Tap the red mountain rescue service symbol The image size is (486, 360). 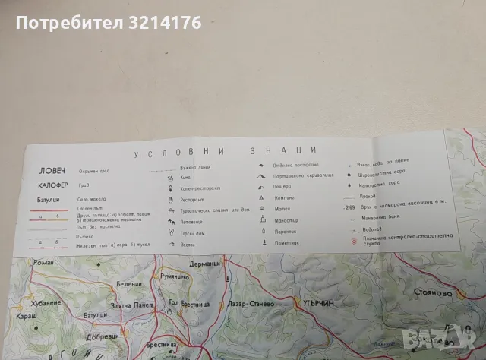[x=353, y=241]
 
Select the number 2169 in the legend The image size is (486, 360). [x=349, y=205]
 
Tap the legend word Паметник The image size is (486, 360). [x=287, y=242]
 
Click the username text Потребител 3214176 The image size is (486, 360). [x=108, y=24]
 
